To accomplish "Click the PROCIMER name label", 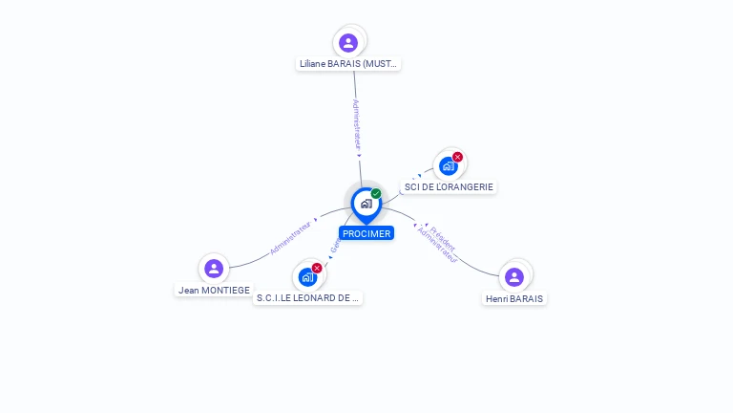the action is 366,233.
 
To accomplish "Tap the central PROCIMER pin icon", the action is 366,204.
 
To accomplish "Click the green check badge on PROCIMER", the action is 376,193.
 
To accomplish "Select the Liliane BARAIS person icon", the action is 348,42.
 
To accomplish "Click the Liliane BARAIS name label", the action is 348,64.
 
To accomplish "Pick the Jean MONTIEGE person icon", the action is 214,269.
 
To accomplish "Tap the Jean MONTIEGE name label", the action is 214,290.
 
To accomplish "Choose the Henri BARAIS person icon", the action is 514,277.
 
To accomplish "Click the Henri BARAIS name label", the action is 514,298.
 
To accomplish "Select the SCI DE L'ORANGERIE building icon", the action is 448,166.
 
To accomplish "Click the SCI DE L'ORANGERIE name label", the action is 449,187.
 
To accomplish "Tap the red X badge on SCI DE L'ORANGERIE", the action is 458,157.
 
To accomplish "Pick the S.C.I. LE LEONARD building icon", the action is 307,277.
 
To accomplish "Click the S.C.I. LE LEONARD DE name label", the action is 308,298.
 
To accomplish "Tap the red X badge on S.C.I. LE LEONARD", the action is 317,268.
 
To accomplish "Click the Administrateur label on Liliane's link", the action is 356,125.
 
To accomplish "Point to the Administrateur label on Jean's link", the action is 291,238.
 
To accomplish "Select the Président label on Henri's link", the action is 443,238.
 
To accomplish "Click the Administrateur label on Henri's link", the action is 437,246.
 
